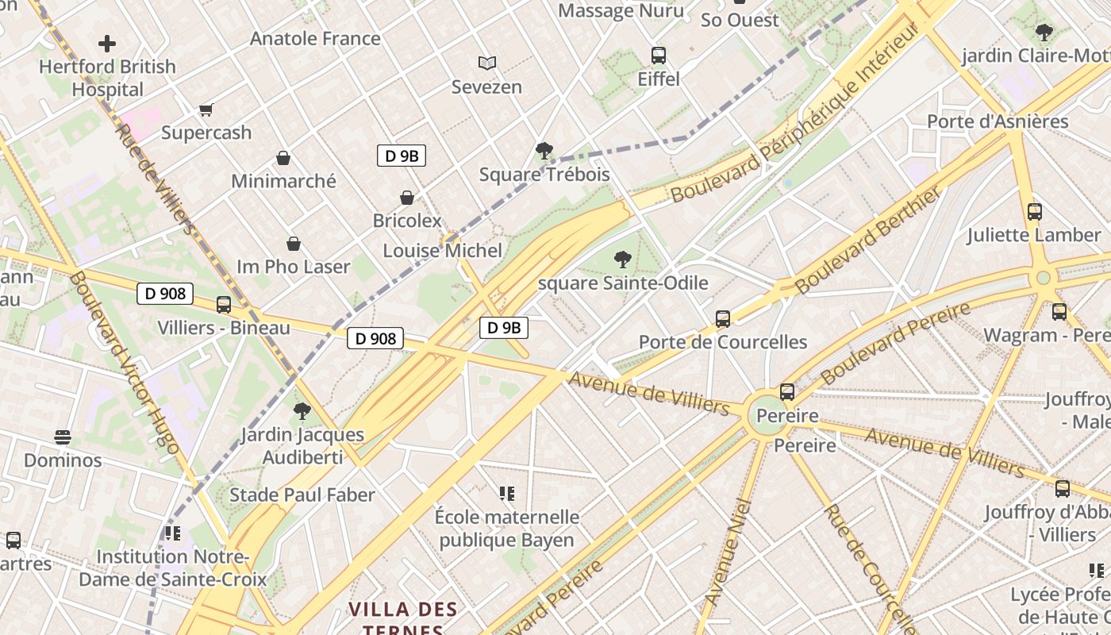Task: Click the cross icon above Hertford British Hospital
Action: (107, 44)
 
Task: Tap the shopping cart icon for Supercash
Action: (206, 110)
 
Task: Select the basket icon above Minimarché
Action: (283, 158)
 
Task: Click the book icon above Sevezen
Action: (486, 63)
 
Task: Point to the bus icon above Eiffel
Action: (659, 56)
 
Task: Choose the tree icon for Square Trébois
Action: (544, 151)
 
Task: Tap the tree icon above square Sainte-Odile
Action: (623, 259)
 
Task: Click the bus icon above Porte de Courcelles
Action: (723, 319)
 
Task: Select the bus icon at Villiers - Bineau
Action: (224, 305)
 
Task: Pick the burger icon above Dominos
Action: (63, 437)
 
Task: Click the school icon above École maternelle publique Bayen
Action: (507, 494)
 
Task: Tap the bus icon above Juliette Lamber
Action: (1034, 212)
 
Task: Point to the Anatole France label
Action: (315, 38)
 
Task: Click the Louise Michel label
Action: (443, 251)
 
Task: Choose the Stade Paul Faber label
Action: (302, 495)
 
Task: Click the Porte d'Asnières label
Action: (998, 121)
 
